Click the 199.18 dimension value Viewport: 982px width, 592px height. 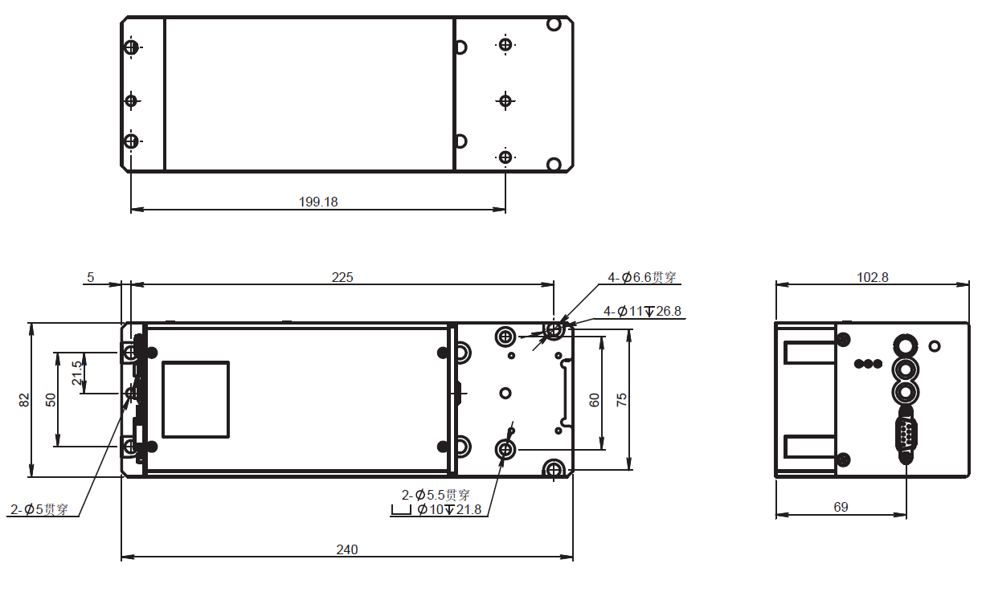(x=318, y=202)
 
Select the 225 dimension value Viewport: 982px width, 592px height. (x=342, y=277)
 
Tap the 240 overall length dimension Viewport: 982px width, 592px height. (x=346, y=550)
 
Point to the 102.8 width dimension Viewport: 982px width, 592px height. (x=873, y=277)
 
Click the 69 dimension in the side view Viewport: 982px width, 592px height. (x=841, y=507)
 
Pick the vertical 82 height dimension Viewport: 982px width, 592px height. (x=24, y=399)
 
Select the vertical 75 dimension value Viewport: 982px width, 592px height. (x=621, y=399)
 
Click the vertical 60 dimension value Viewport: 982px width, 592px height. (x=595, y=399)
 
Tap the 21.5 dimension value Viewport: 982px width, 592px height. (x=76, y=373)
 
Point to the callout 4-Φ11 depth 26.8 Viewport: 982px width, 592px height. (x=643, y=311)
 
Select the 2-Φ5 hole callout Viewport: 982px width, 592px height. (x=39, y=509)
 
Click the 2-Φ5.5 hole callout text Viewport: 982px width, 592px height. (x=436, y=495)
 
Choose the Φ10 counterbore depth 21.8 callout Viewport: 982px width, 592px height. (x=449, y=509)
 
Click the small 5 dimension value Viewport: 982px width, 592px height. (x=91, y=277)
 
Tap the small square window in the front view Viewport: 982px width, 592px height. (x=196, y=399)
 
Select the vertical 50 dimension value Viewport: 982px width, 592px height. (x=51, y=399)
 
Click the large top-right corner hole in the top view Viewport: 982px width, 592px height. (x=554, y=24)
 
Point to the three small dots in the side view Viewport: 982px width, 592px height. (x=867, y=364)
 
